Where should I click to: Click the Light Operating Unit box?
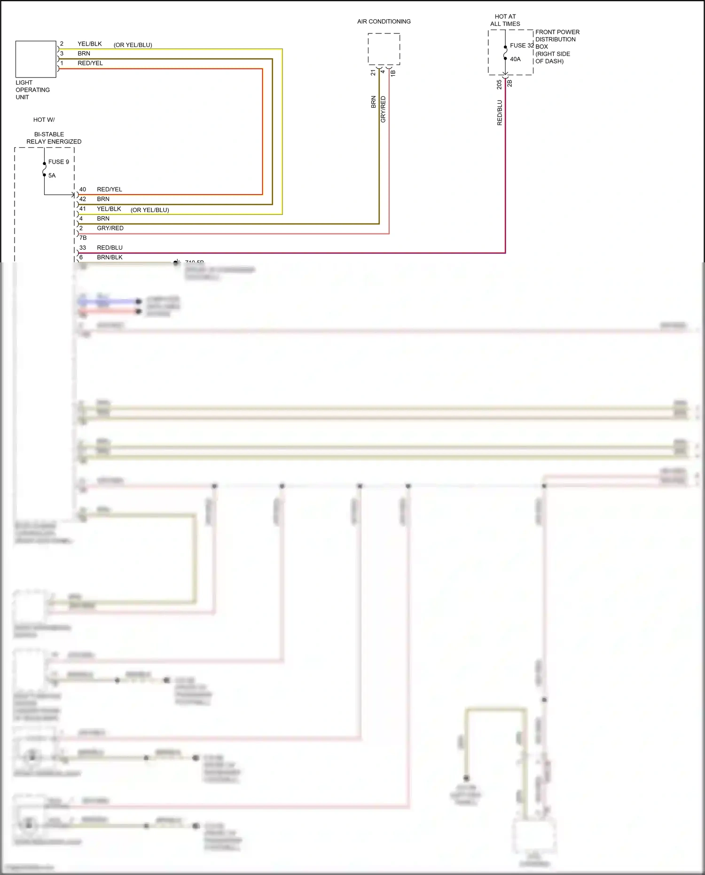pos(36,59)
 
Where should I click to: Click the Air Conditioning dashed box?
pos(384,49)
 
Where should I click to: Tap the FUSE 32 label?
pos(522,46)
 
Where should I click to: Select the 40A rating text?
pos(515,59)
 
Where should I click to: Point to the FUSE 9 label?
pos(59,162)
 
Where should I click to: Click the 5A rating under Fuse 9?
pos(52,175)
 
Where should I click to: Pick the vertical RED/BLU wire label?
pos(500,112)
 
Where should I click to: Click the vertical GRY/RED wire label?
pos(383,110)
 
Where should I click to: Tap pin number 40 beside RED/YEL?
pos(83,189)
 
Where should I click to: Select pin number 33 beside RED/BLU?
pos(83,248)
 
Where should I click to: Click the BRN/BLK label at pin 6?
pos(110,257)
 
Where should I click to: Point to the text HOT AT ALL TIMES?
pos(505,20)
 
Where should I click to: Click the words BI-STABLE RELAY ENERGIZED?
pos(54,138)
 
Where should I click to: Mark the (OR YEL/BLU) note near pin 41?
pos(149,210)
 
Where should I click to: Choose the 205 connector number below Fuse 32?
pos(499,84)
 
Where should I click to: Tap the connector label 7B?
pos(83,238)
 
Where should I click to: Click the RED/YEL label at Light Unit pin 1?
pos(90,63)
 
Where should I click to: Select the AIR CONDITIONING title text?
pos(384,22)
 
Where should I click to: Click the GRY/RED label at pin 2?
pos(110,228)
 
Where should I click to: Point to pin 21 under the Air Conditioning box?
pos(373,72)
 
